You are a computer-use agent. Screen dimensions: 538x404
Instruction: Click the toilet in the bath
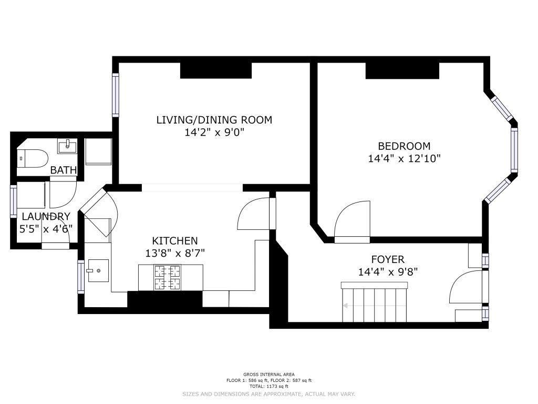pyautogui.click(x=32, y=158)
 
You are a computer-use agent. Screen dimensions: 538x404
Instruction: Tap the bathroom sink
pyautogui.click(x=67, y=147)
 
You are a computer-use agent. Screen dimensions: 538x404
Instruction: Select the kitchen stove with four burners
pyautogui.click(x=168, y=277)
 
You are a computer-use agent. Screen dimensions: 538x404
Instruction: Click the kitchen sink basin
pyautogui.click(x=98, y=271)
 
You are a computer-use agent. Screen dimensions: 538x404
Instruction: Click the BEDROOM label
pyautogui.click(x=404, y=146)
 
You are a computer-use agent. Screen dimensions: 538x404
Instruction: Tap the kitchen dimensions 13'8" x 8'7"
pyautogui.click(x=175, y=253)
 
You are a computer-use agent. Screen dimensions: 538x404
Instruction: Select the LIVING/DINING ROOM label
pyautogui.click(x=214, y=120)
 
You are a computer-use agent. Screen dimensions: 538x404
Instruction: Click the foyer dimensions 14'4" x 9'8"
pyautogui.click(x=388, y=272)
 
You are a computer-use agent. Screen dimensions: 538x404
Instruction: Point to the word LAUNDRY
pyautogui.click(x=46, y=216)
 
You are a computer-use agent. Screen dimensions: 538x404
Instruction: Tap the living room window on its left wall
pyautogui.click(x=116, y=95)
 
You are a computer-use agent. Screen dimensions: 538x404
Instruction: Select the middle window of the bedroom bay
pyautogui.click(x=514, y=150)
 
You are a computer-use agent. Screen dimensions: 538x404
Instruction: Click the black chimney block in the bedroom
pyautogui.click(x=402, y=71)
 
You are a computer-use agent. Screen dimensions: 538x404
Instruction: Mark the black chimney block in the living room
pyautogui.click(x=216, y=70)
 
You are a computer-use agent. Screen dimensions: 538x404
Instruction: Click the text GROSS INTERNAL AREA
pyautogui.click(x=268, y=375)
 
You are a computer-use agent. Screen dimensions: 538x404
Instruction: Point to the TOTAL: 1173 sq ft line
pyautogui.click(x=268, y=386)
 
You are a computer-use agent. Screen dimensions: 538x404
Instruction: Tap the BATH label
pyautogui.click(x=64, y=170)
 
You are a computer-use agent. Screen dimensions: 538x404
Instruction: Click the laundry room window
pyautogui.click(x=14, y=201)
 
